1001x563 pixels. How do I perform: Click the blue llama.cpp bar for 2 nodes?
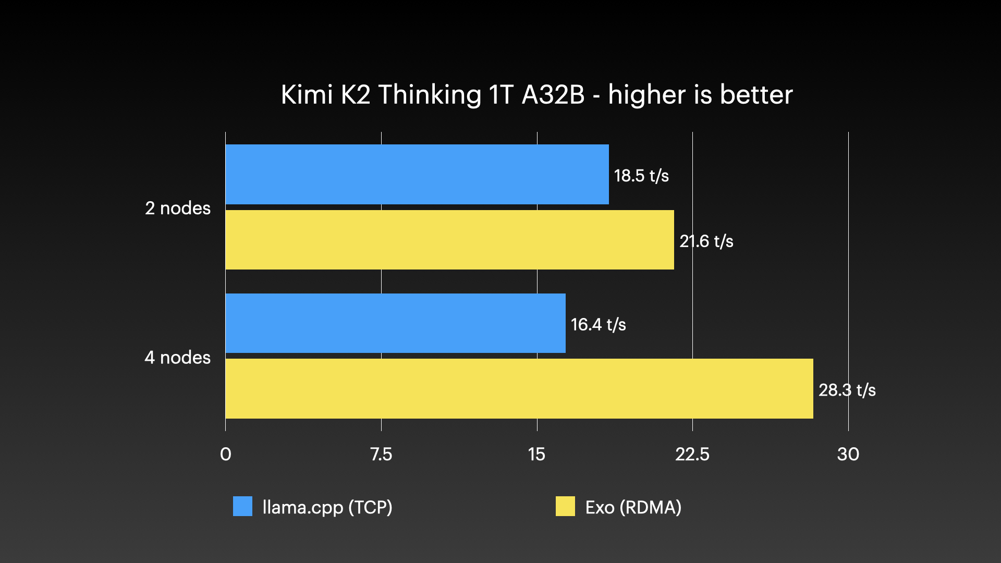(417, 174)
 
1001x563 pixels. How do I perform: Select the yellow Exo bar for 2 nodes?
(449, 240)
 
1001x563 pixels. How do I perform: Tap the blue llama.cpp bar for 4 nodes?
(395, 323)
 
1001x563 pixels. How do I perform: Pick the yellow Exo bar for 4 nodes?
(519, 388)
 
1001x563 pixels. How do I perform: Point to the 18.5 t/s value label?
(641, 176)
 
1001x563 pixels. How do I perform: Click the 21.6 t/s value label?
(706, 241)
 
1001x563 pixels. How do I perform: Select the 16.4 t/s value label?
(598, 325)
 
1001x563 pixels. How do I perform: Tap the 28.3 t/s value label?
(847, 390)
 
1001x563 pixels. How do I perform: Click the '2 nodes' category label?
(178, 208)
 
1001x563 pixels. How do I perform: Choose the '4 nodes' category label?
(178, 357)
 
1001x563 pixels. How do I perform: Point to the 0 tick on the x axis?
(226, 454)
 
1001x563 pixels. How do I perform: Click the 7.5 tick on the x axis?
(381, 454)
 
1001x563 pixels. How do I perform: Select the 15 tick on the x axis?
(536, 454)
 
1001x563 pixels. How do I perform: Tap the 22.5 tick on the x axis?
(692, 454)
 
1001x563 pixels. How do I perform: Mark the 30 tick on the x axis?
(848, 454)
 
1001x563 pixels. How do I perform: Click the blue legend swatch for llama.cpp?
(242, 506)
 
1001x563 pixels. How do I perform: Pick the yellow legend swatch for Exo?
(565, 506)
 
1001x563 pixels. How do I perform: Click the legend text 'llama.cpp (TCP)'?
(327, 507)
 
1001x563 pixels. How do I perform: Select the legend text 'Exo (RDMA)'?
(633, 507)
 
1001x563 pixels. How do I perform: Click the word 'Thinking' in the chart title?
(430, 95)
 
